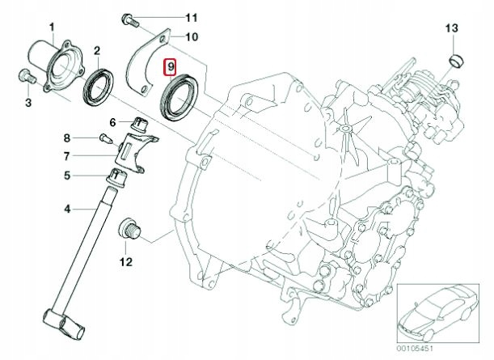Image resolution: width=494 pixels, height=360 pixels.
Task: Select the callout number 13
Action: click(452, 30)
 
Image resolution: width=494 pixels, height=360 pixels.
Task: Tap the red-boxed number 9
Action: click(171, 66)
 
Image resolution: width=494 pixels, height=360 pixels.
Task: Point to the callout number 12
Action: click(125, 260)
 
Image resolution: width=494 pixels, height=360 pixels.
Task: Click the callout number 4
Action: click(69, 210)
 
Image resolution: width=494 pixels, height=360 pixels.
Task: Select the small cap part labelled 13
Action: click(456, 61)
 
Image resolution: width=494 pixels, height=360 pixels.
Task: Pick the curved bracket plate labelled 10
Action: click(149, 61)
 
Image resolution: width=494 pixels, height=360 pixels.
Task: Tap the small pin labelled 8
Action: click(103, 138)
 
